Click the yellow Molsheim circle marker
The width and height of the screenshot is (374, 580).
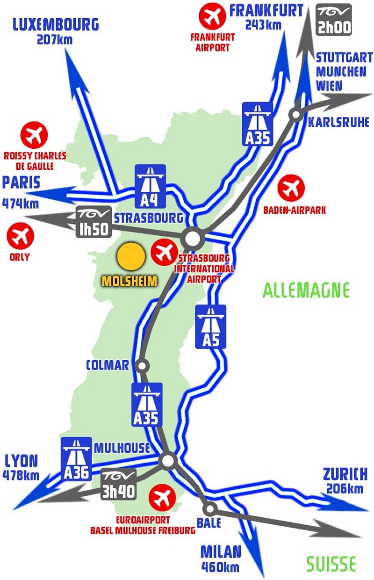point(130,257)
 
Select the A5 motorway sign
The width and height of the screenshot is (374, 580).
point(210,326)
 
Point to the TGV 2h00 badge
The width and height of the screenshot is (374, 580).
point(334,20)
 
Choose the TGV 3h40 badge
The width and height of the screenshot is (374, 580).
point(119,484)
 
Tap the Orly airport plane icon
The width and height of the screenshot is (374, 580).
point(20,237)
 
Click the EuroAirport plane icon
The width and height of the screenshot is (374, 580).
point(162,499)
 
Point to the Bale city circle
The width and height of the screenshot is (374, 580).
point(210,508)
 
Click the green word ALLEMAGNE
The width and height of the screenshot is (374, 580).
point(306,290)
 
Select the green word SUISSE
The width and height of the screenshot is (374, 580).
point(331,564)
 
